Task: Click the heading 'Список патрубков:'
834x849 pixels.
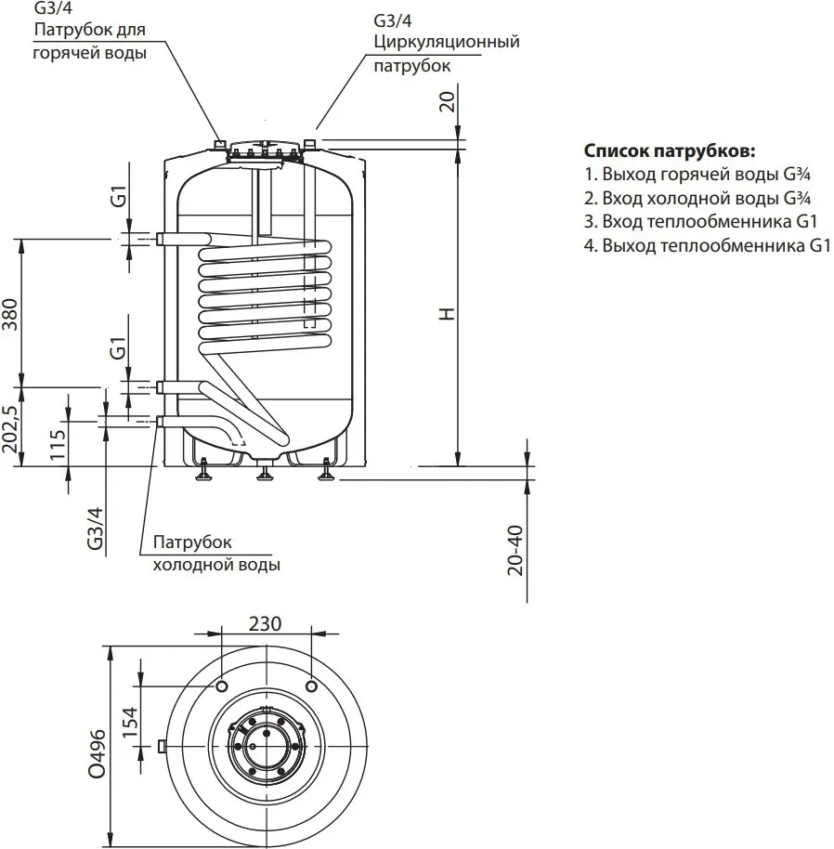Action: pyautogui.click(x=670, y=150)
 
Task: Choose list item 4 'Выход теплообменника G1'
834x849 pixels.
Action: pyautogui.click(x=706, y=246)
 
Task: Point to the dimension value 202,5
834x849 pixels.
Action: pyautogui.click(x=11, y=428)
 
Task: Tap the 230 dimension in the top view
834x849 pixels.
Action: pyautogui.click(x=266, y=624)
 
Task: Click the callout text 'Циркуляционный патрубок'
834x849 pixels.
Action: pyautogui.click(x=446, y=54)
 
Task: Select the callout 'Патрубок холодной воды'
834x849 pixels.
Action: pyautogui.click(x=215, y=553)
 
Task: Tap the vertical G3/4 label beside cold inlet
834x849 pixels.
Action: pyautogui.click(x=96, y=528)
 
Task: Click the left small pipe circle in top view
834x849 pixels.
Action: pyautogui.click(x=223, y=686)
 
